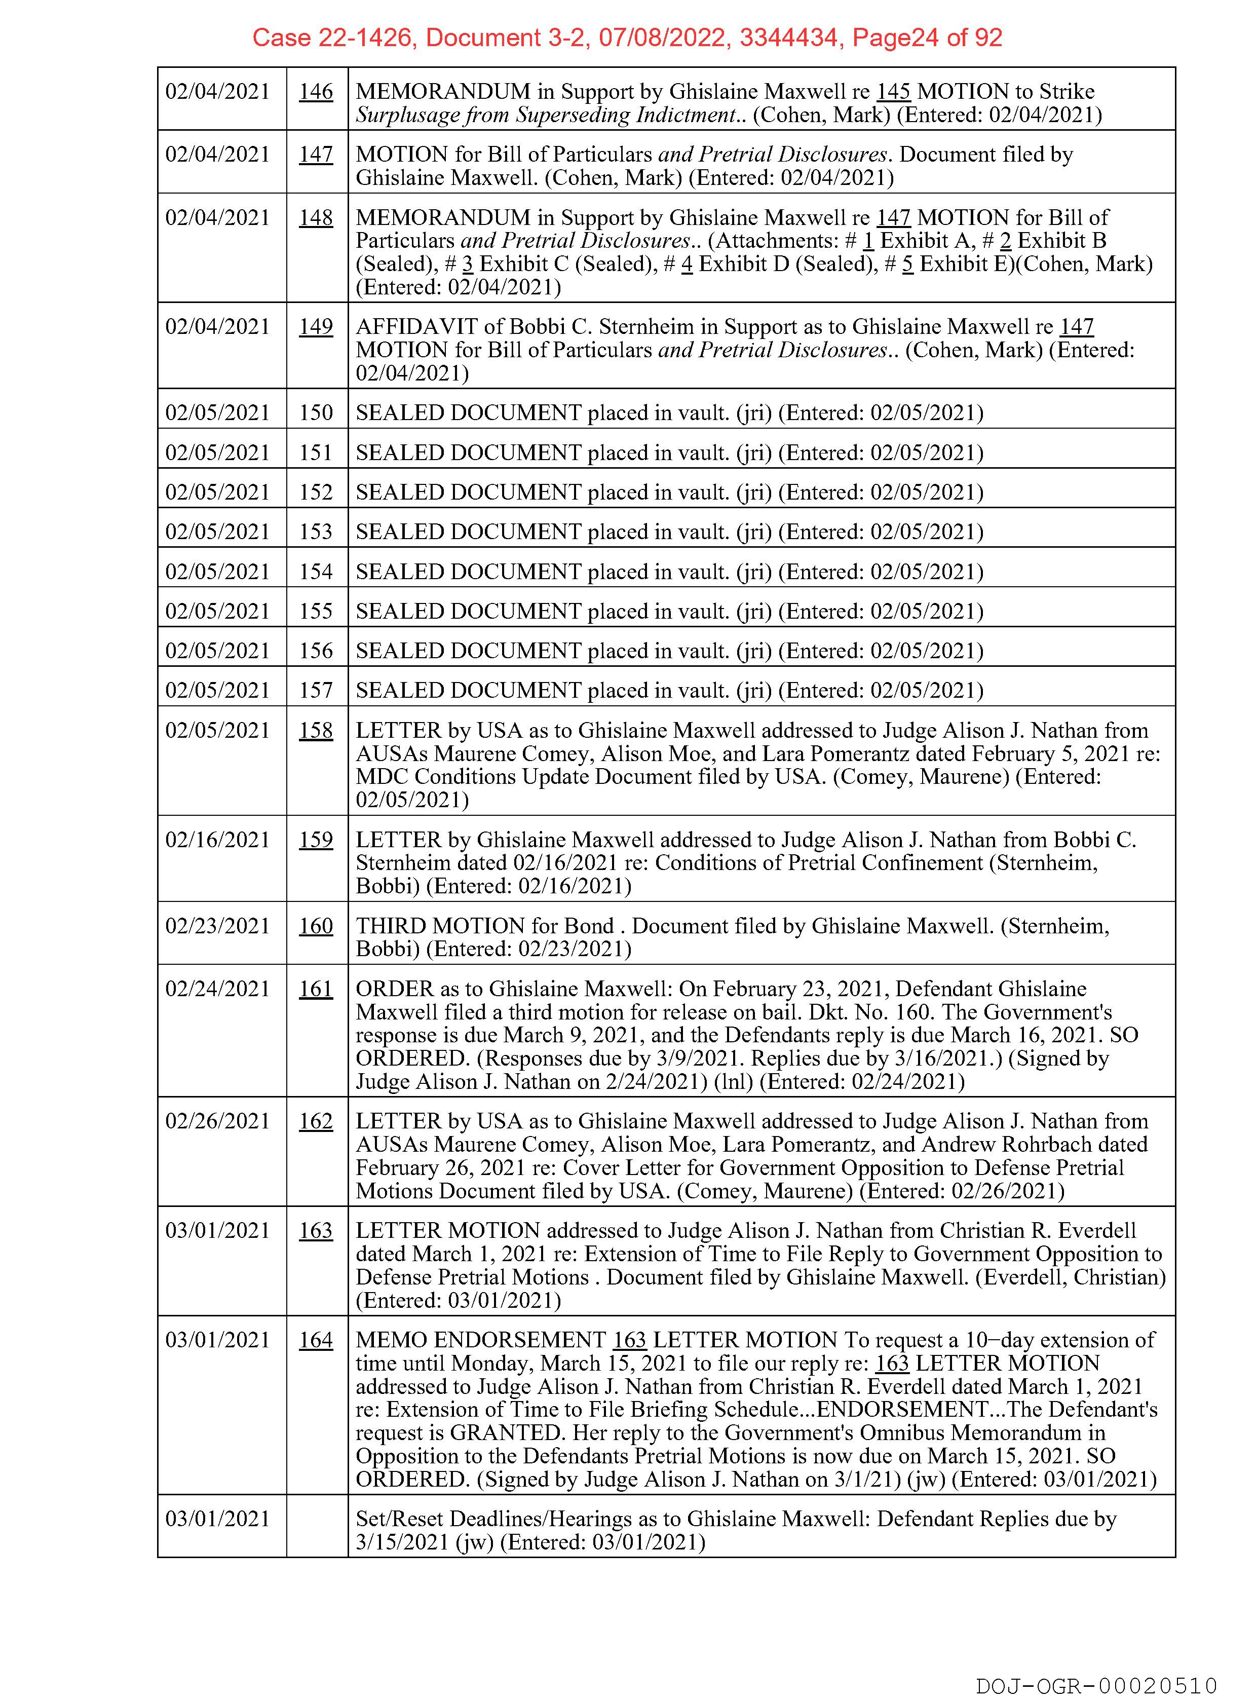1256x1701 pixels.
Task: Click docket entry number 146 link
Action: coord(316,92)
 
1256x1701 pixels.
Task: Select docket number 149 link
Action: coord(316,327)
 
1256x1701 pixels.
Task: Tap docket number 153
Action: coord(316,532)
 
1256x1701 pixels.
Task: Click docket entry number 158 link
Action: coord(316,731)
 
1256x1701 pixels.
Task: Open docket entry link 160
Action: coord(316,926)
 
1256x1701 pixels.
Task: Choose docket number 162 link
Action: coord(316,1121)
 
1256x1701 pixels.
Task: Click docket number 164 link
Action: coord(316,1340)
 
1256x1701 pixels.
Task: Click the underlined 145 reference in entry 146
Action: coord(893,92)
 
